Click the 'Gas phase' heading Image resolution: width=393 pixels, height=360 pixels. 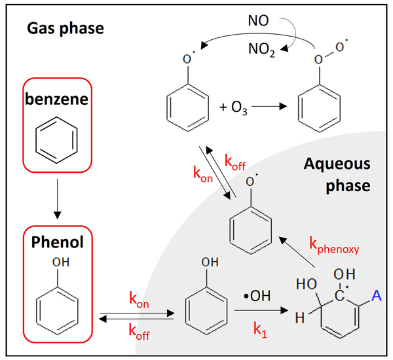(x=65, y=29)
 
